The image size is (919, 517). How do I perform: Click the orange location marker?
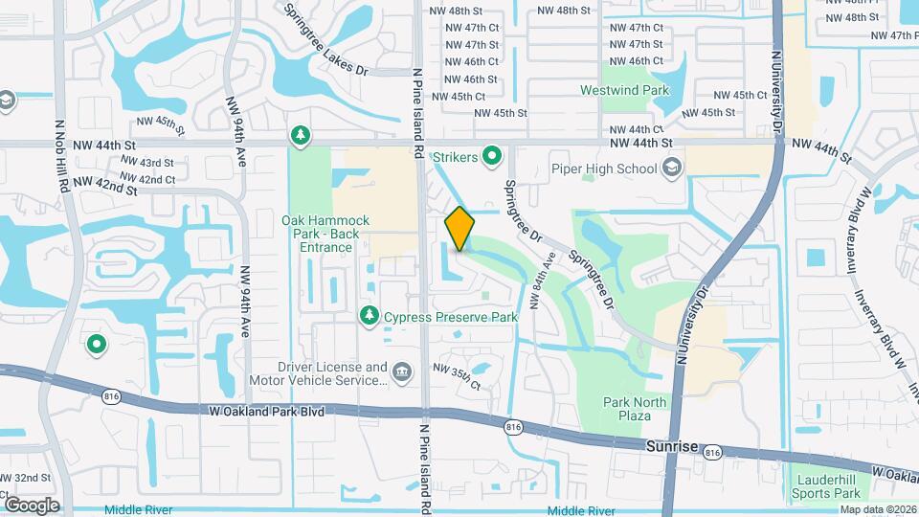click(459, 229)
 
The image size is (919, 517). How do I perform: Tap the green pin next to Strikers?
click(493, 154)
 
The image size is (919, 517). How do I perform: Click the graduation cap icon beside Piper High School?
click(672, 169)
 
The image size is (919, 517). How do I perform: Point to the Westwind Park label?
click(625, 91)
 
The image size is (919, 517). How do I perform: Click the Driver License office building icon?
click(401, 371)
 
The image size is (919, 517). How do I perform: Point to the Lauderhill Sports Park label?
click(826, 486)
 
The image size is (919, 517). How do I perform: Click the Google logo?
click(32, 505)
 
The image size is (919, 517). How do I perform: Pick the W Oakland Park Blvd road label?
click(266, 411)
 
